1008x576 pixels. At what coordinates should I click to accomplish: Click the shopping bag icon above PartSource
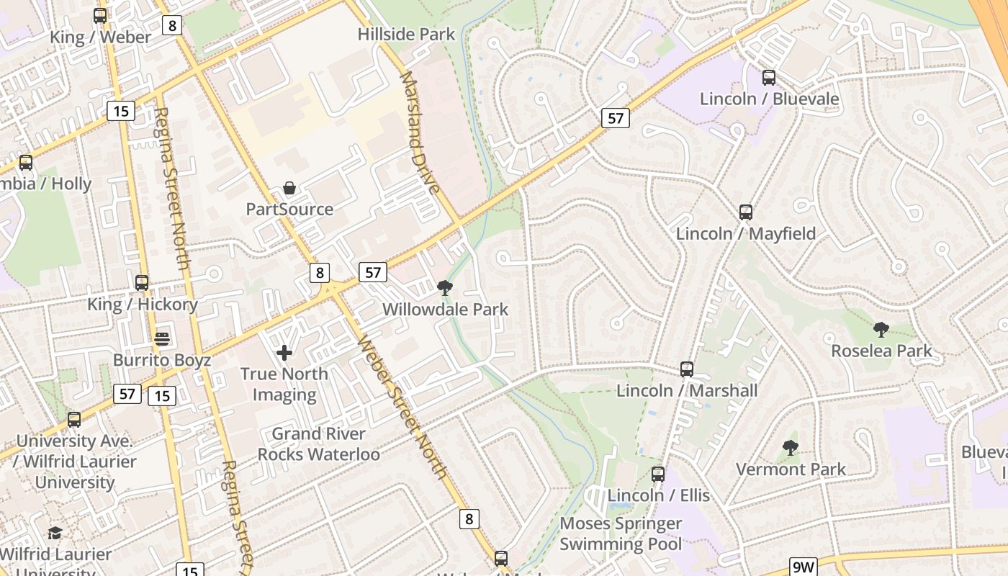(x=289, y=189)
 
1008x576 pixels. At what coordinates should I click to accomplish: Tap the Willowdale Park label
(x=445, y=310)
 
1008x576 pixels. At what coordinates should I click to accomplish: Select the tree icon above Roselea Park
(x=881, y=330)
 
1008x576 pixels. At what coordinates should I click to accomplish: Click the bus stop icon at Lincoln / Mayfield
(x=746, y=212)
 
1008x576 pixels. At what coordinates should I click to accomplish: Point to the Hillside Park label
(x=407, y=34)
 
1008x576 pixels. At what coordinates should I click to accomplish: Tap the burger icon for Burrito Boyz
(x=162, y=338)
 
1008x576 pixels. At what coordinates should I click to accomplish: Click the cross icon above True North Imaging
(x=284, y=353)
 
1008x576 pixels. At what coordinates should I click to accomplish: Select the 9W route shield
(x=803, y=567)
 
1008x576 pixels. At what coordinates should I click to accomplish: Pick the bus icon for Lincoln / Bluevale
(x=769, y=78)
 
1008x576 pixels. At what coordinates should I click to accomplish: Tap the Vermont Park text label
(x=791, y=469)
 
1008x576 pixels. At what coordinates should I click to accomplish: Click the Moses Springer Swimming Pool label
(x=621, y=534)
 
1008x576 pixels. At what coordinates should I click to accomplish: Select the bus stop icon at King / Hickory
(x=142, y=283)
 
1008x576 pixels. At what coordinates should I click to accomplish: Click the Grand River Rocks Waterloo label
(x=318, y=444)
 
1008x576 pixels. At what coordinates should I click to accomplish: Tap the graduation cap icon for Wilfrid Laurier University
(x=55, y=534)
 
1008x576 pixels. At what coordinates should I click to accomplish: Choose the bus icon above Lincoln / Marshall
(x=687, y=369)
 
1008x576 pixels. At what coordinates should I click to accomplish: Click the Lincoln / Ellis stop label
(x=658, y=495)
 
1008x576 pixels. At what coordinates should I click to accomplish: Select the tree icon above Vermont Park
(x=791, y=448)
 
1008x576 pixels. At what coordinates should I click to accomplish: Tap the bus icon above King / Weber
(x=100, y=16)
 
